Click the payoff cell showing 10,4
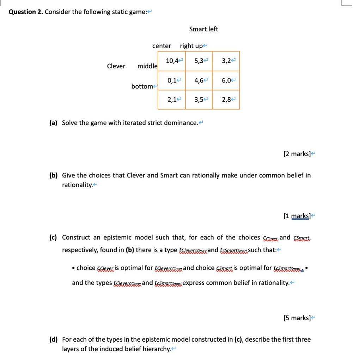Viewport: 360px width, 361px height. [172, 61]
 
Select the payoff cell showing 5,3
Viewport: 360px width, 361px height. [199, 61]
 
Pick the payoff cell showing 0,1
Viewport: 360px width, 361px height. [172, 80]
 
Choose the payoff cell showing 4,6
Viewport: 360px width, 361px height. [199, 80]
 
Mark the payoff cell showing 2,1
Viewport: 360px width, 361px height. [172, 100]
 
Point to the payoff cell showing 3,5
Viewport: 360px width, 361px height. [199, 100]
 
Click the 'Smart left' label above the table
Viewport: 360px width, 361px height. [203, 29]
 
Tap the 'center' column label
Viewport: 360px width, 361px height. [161, 46]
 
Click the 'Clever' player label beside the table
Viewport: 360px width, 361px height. [116, 66]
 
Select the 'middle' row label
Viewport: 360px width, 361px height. [147, 66]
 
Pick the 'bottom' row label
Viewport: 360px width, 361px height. [142, 86]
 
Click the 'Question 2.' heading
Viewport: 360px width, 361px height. [26, 12]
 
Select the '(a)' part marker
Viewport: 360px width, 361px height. [53, 123]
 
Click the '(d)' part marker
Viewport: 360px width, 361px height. [54, 339]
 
